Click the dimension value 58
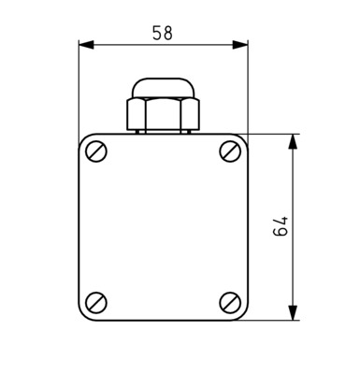[x=163, y=33]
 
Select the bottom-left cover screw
[x=96, y=301]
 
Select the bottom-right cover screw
[x=230, y=301]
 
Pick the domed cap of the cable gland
[x=163, y=89]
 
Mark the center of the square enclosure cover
[x=163, y=226]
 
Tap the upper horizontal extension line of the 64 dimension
[x=276, y=134]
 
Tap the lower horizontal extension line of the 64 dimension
[x=276, y=320]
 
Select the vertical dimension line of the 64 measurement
[x=294, y=187]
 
